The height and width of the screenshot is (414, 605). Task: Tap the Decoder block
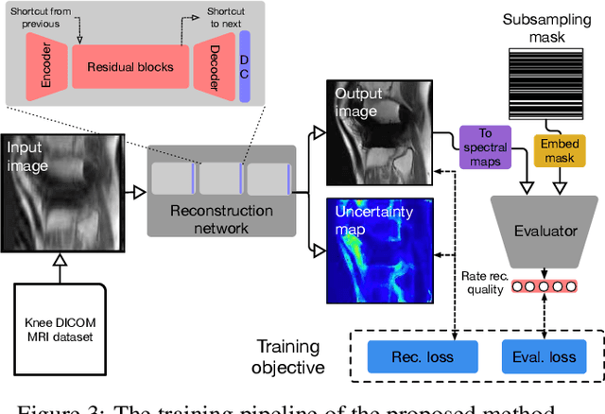coord(213,68)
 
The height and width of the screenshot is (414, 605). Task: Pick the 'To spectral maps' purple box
coord(484,147)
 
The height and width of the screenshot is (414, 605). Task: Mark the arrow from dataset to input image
coord(59,267)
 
